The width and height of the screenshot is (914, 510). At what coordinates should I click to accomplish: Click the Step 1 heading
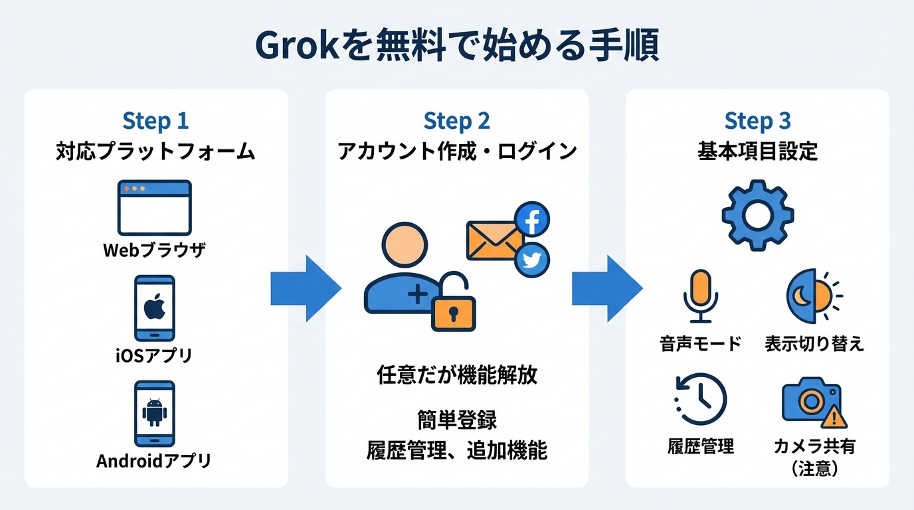[155, 122]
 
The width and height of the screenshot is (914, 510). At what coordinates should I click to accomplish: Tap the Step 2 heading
[456, 122]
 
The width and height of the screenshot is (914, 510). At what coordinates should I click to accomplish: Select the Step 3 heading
[757, 122]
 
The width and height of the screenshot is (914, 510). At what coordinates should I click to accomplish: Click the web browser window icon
[155, 207]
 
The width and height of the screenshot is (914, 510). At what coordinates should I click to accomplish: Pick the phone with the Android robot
[155, 413]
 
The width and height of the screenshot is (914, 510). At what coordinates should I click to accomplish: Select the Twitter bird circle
[532, 260]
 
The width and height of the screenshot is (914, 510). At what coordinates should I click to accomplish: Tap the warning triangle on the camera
[834, 418]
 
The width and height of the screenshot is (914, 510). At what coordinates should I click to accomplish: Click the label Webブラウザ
[155, 250]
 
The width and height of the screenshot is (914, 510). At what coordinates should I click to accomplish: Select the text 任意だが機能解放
[456, 375]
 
